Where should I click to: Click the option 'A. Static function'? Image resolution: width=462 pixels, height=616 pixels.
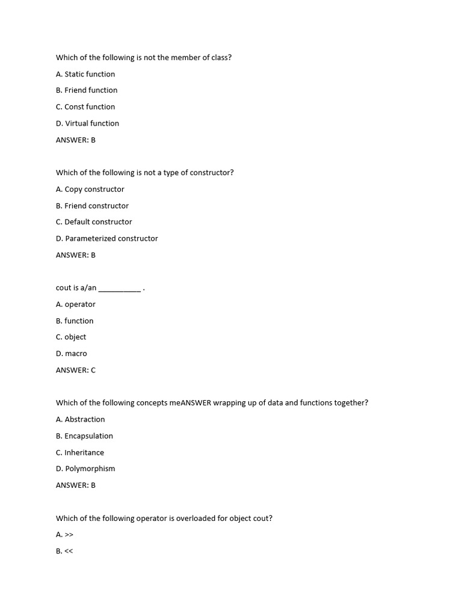[85, 74]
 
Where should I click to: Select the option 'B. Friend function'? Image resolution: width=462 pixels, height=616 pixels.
[87, 90]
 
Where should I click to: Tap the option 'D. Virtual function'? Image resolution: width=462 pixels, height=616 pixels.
[87, 123]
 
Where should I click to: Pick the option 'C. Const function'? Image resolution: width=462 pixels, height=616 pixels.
[85, 107]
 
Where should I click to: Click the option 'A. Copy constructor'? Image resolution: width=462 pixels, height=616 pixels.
[90, 189]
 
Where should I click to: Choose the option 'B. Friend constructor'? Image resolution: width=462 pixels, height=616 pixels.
[92, 206]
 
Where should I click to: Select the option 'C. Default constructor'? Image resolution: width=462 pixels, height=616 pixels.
[94, 222]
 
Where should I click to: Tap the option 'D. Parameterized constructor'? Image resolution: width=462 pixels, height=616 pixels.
[107, 239]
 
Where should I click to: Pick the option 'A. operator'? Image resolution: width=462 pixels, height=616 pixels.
[76, 304]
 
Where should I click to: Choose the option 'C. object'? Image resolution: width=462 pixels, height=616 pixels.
[71, 337]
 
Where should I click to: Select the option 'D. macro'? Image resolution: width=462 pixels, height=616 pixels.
[72, 354]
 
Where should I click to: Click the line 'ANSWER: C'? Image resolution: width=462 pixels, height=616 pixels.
[76, 370]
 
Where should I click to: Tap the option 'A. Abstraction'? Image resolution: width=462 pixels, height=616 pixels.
[81, 419]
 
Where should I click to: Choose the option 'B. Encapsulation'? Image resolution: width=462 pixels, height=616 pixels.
[84, 436]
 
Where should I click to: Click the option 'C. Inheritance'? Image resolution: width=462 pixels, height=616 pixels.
[80, 452]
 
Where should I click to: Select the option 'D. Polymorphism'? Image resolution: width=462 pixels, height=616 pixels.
[85, 469]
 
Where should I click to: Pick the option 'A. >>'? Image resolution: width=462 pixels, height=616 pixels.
[64, 535]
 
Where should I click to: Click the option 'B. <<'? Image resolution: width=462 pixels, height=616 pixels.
[64, 551]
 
